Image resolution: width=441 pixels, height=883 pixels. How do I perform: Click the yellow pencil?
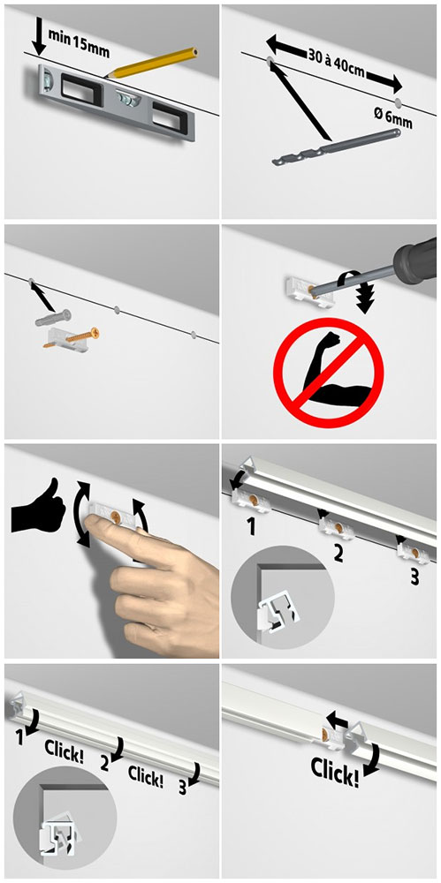tap(151, 62)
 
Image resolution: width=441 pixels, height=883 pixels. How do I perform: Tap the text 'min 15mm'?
tap(79, 42)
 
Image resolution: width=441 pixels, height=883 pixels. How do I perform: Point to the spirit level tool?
tap(116, 102)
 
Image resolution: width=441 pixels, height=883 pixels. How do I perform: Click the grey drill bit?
tap(336, 147)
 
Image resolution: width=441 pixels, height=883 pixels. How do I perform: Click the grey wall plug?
tap(54, 318)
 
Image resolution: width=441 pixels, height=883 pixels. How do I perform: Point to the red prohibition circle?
tap(328, 373)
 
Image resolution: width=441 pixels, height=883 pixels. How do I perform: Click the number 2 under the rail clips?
tap(338, 553)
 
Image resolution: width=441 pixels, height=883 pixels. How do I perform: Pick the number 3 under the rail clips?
tap(414, 577)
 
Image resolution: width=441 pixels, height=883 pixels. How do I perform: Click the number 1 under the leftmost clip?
tap(251, 528)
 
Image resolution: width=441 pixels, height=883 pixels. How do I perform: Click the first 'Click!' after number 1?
tap(65, 752)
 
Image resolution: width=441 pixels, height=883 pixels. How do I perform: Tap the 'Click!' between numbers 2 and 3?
tap(146, 775)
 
